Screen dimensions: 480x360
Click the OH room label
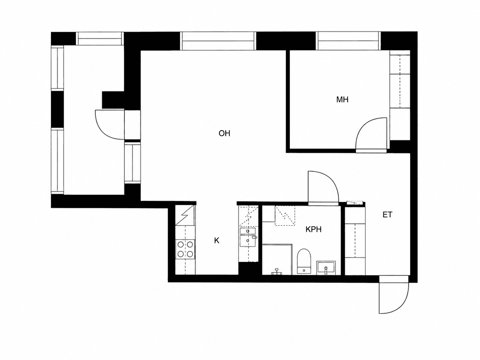tap(224, 133)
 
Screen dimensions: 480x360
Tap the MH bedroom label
tap(342, 100)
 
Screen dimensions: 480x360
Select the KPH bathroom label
tap(313, 229)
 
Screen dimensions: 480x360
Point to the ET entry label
tap(388, 215)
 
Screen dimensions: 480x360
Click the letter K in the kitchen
tap(216, 241)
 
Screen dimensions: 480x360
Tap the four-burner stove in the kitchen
tap(185, 249)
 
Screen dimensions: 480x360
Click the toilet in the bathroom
tap(304, 261)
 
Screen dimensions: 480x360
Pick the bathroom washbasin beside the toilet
tap(326, 268)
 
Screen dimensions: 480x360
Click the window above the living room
tap(218, 41)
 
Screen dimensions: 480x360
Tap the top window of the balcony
tap(100, 39)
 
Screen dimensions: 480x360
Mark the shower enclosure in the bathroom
tap(277, 259)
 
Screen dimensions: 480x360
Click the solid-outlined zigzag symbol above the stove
tap(185, 215)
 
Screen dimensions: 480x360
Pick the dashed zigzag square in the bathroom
tap(285, 215)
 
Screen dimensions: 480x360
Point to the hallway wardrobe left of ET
tap(355, 241)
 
